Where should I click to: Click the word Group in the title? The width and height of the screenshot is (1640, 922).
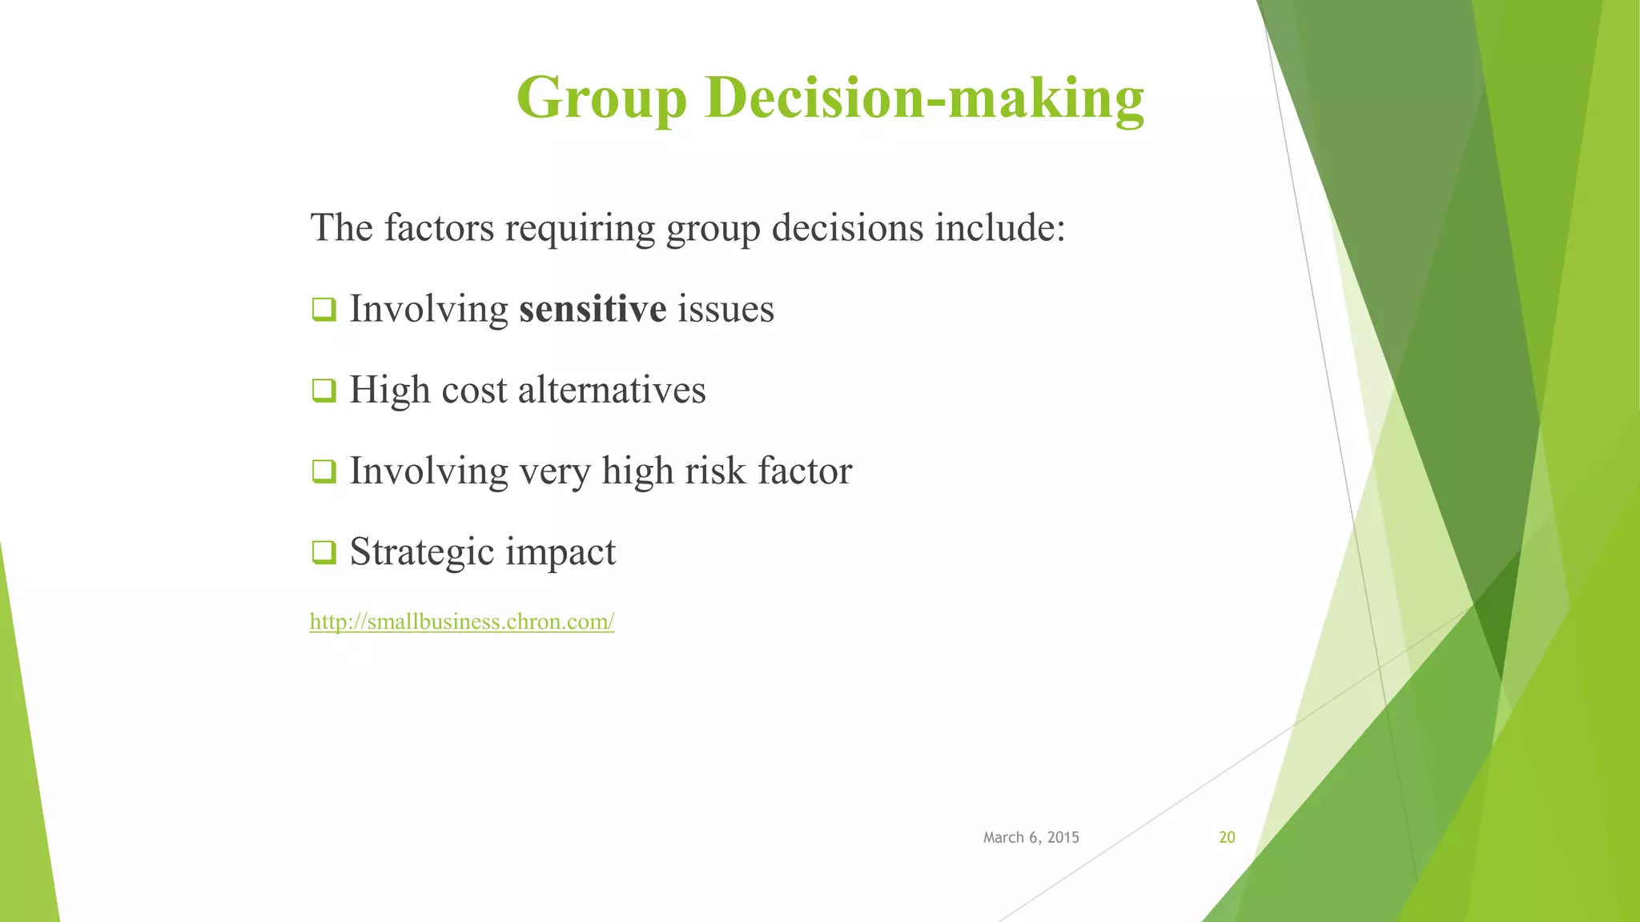(x=601, y=98)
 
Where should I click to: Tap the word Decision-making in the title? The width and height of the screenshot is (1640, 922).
(x=924, y=98)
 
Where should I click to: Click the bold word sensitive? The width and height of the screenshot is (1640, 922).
(x=592, y=309)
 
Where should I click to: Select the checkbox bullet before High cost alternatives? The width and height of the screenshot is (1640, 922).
(x=324, y=391)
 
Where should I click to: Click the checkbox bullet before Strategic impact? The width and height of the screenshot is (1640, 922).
(x=324, y=552)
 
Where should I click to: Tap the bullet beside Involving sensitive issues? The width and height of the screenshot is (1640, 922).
(x=324, y=309)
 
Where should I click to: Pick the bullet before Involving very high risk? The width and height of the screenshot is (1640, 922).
(x=324, y=471)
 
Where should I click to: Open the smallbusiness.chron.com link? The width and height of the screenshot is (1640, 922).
(x=461, y=622)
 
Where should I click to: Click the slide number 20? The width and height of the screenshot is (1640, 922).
(x=1227, y=837)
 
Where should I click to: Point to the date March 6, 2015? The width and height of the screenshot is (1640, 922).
(x=1031, y=837)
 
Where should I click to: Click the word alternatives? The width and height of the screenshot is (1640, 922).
(x=612, y=391)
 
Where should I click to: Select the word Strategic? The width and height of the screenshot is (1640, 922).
(x=421, y=552)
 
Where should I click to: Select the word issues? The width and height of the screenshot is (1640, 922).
(x=726, y=309)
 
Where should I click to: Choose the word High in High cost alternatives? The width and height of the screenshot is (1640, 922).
(x=389, y=391)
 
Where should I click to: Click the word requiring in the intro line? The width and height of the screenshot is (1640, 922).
(x=580, y=228)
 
